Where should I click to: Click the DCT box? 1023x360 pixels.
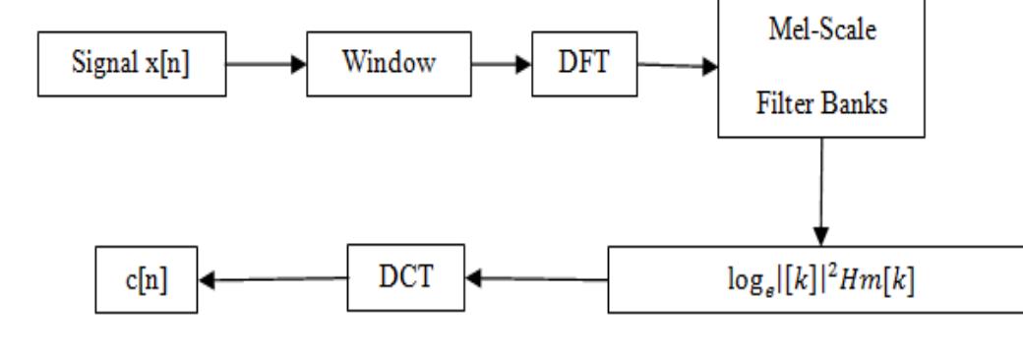tap(406, 277)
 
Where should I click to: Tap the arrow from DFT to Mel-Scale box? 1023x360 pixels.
tap(679, 67)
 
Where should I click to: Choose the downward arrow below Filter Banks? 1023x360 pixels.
tap(822, 193)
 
